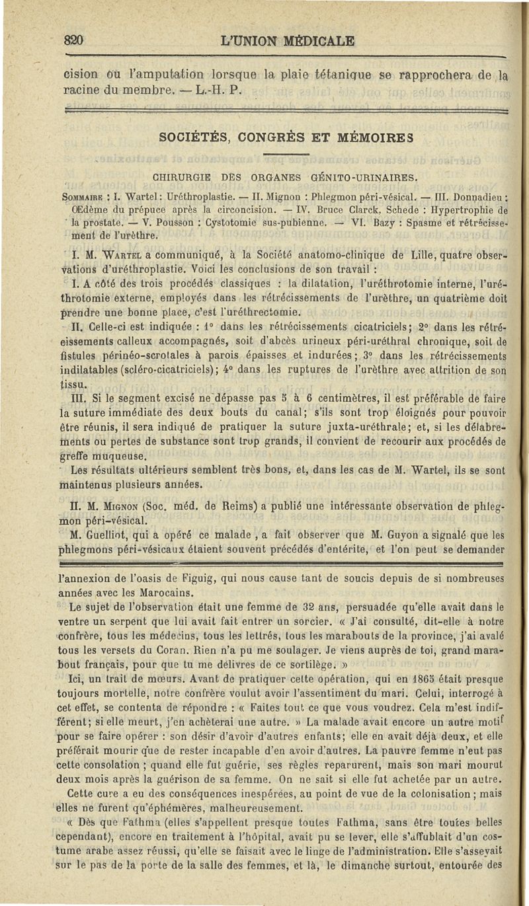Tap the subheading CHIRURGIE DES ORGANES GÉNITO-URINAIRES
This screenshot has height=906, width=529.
tap(285, 176)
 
